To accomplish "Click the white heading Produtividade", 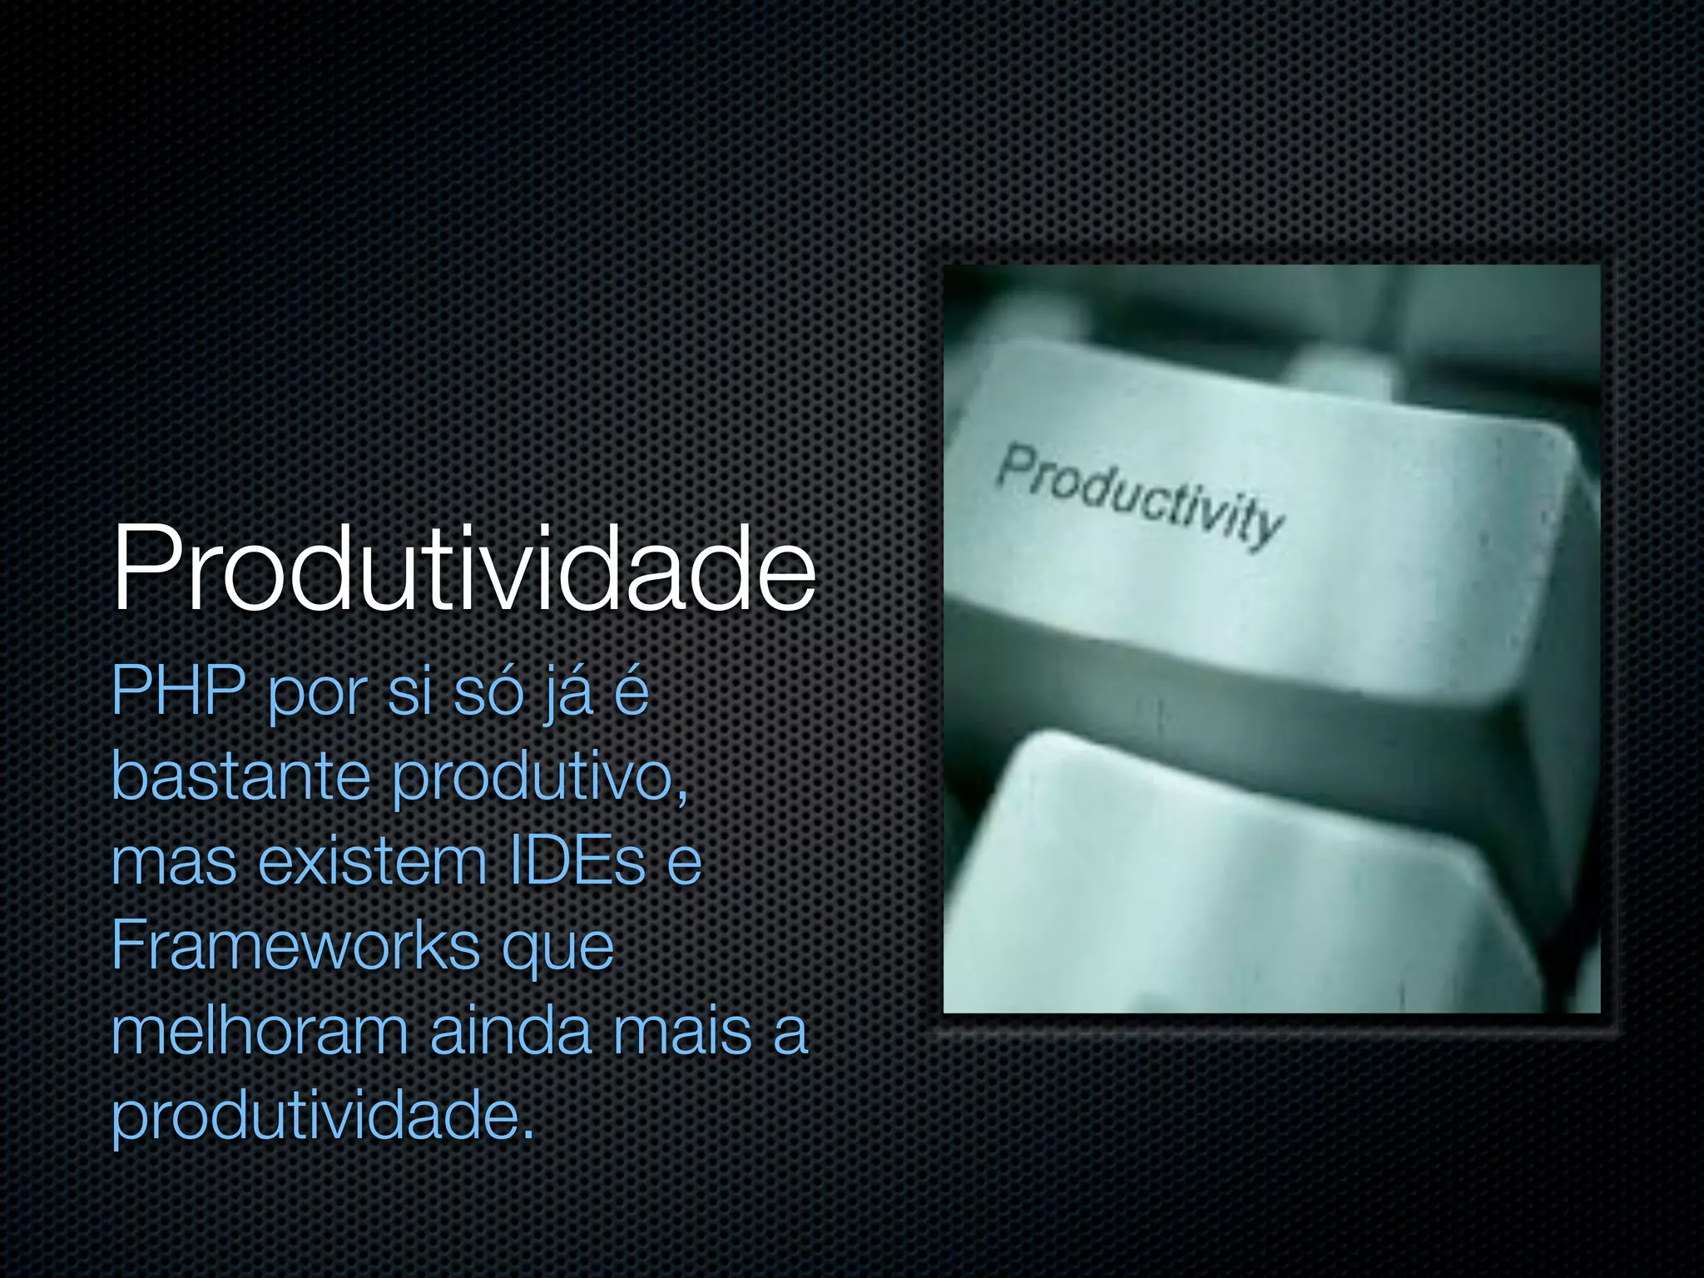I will coord(464,569).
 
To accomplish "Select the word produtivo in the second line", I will coord(533,778).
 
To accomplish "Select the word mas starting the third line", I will coord(174,863).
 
